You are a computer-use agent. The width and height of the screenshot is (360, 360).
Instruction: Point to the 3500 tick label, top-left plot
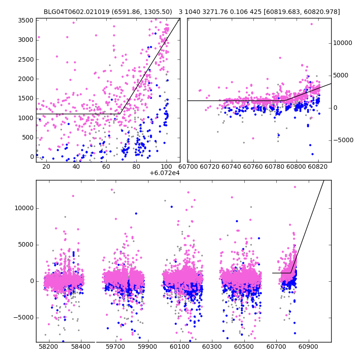[x=26, y=20]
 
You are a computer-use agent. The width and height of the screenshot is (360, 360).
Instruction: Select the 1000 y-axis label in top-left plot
[x=26, y=118]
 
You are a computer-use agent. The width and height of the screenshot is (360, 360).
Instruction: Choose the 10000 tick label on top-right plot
[x=342, y=43]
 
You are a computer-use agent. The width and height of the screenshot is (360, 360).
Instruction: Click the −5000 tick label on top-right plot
[x=343, y=140]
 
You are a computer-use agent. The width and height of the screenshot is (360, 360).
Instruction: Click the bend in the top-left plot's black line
[x=120, y=114]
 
